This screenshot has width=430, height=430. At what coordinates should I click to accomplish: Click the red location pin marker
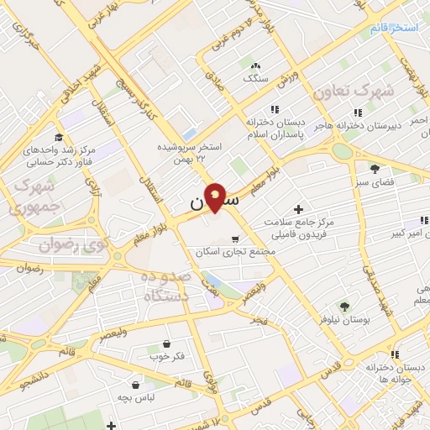pos(215,197)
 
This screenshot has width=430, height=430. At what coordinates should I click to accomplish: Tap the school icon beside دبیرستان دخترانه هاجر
pos(357,112)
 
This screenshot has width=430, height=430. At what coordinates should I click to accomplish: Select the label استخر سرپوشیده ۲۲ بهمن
pos(192,151)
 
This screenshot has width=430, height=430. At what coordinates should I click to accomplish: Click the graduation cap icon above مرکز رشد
pos(58,138)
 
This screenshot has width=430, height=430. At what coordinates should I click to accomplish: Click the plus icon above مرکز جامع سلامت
pos(298,208)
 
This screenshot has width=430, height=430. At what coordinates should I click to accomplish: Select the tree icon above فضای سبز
pos(375,169)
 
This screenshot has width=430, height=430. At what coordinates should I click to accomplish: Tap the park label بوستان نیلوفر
pos(344,319)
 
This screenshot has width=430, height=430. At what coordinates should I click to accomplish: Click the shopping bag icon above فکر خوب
pos(165,343)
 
